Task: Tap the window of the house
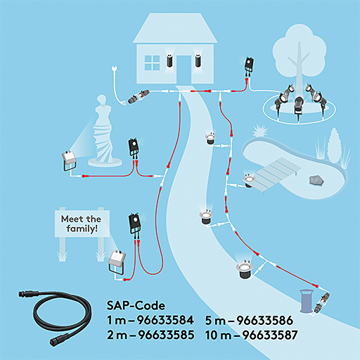click(152, 63)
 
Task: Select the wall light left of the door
click(169, 60)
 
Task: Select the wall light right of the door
click(198, 60)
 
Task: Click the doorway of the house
click(184, 70)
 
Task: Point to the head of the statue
click(102, 99)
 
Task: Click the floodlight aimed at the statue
click(69, 160)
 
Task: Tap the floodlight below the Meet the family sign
click(117, 262)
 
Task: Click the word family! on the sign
click(82, 229)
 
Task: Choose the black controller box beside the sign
click(135, 224)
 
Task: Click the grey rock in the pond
click(316, 180)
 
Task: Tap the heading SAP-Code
click(136, 306)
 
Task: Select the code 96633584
click(165, 320)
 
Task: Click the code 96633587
click(270, 335)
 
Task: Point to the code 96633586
click(264, 321)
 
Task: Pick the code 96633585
click(167, 335)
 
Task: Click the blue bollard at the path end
click(307, 301)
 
